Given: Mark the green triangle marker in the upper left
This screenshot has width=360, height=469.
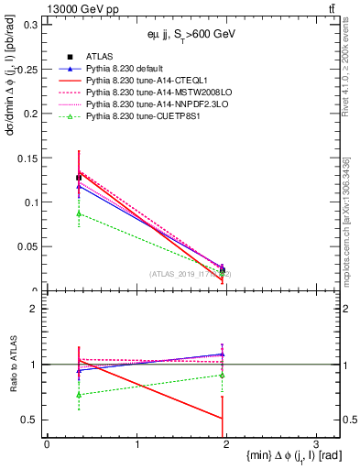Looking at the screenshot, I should coord(79,213).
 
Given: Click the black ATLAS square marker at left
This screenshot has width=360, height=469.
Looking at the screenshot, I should coord(79,178).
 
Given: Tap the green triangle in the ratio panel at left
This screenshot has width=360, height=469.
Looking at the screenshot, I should coord(79,395).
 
